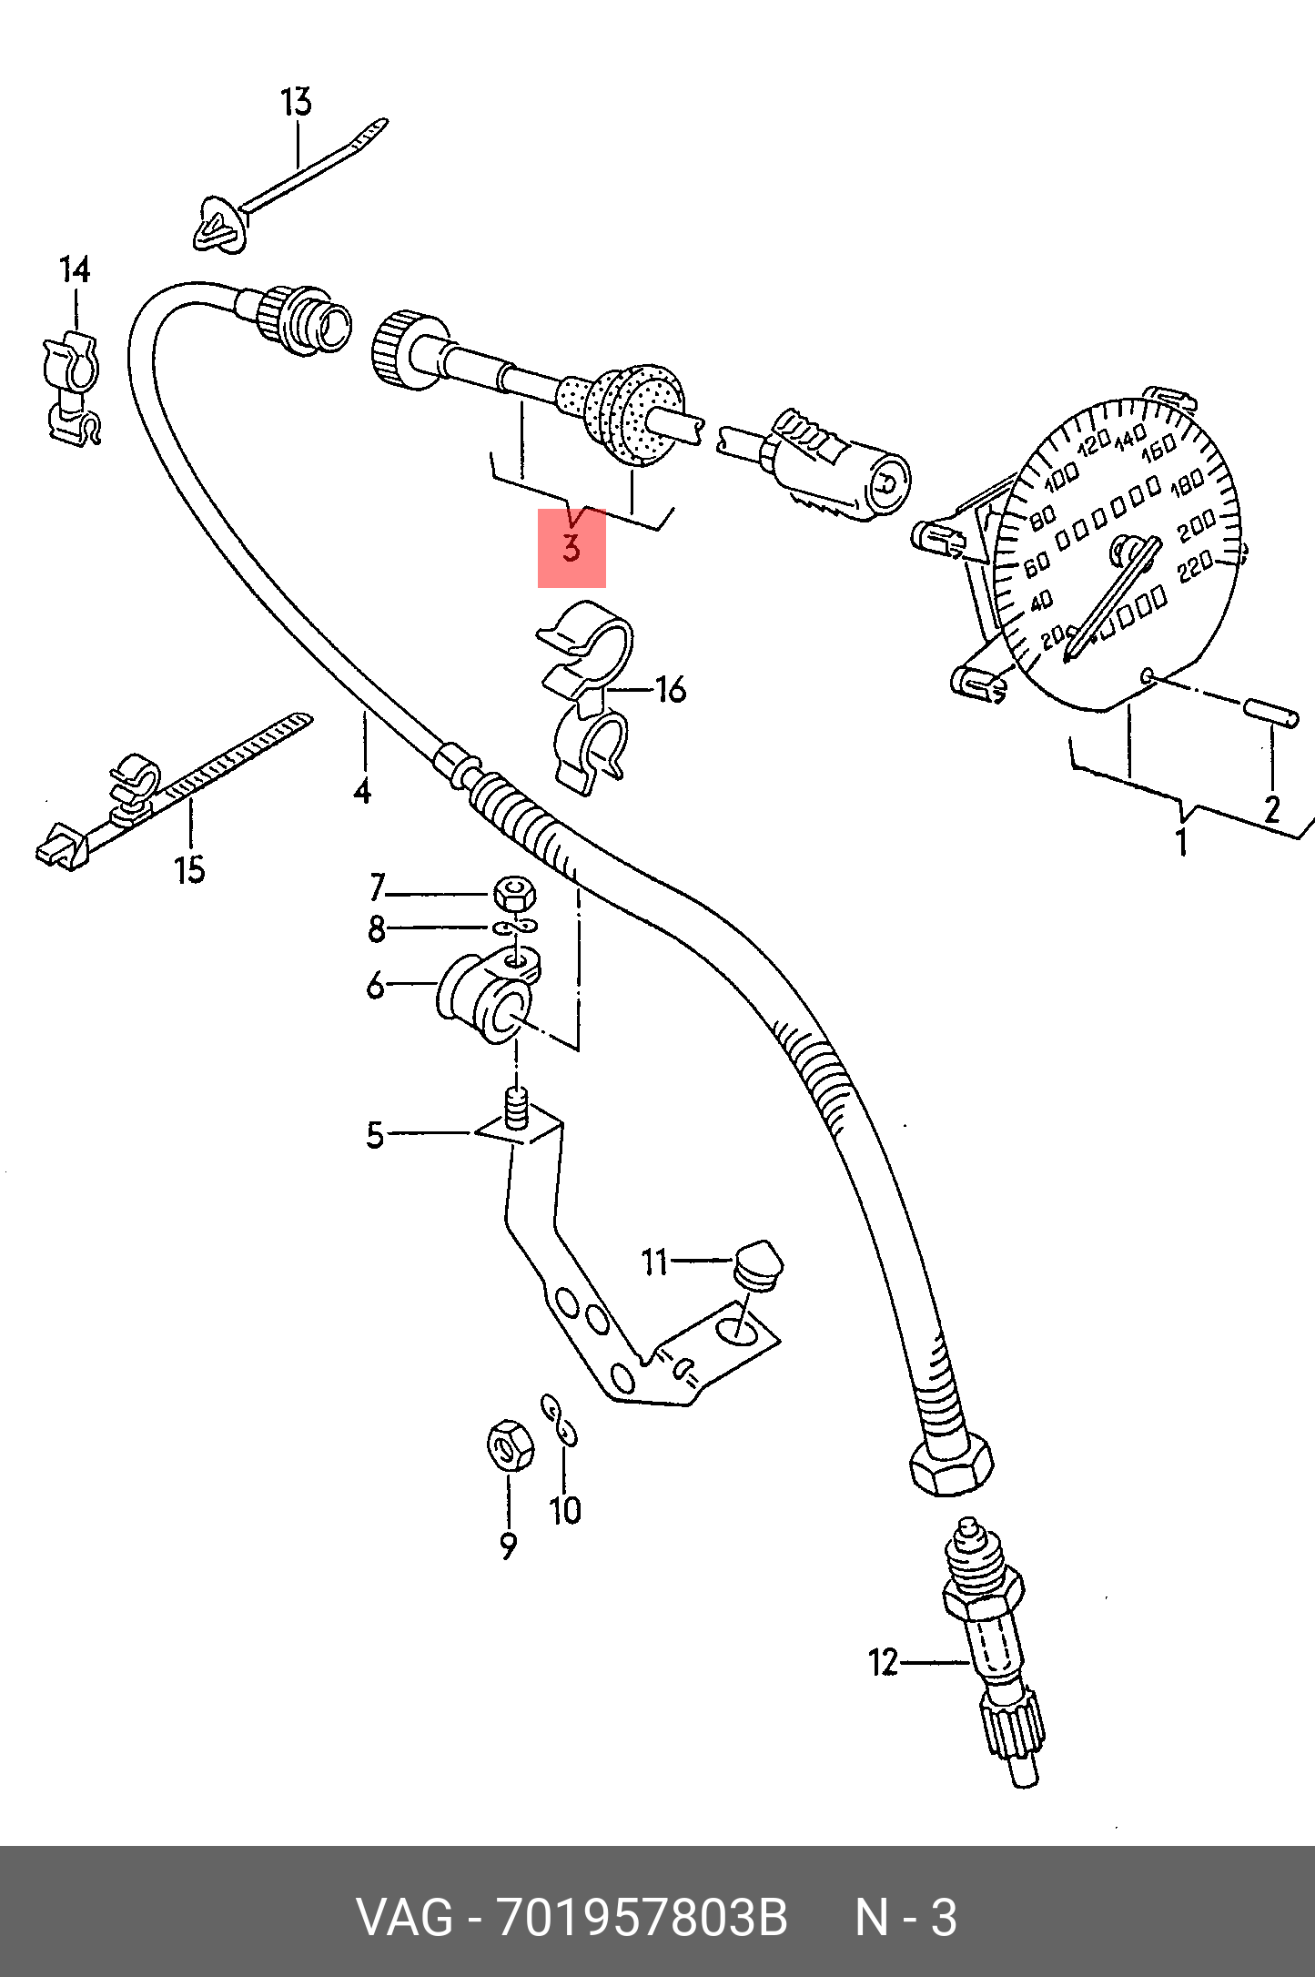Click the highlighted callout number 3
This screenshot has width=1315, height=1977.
571,549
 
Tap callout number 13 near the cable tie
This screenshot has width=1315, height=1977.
297,102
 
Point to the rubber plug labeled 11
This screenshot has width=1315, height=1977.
757,1262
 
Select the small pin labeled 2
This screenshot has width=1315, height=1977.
1271,711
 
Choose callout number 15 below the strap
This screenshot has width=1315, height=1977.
190,869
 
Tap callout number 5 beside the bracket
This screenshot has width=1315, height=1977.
375,1135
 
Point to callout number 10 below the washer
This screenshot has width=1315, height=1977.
565,1512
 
